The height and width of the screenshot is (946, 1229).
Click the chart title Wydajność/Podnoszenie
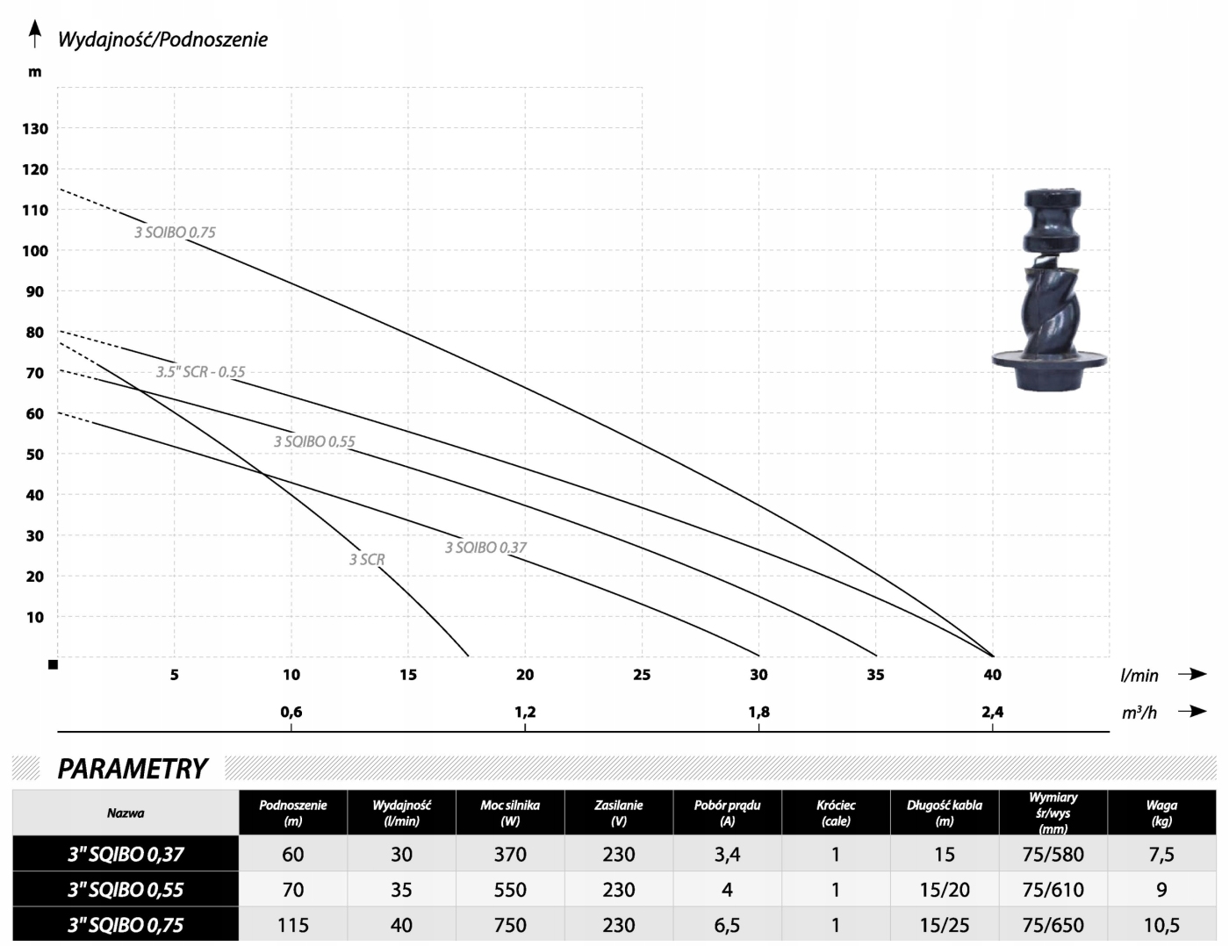coord(163,39)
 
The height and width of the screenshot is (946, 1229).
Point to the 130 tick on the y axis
coord(35,129)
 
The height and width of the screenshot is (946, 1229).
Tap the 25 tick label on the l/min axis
coord(642,675)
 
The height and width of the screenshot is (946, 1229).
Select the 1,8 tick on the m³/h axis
coord(759,712)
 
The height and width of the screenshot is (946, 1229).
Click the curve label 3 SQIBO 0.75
coord(175,233)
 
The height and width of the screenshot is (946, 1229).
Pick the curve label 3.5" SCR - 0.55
coord(201,372)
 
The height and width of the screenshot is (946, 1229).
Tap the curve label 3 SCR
coord(366,560)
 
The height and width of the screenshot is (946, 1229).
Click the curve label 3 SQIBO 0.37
coord(485,548)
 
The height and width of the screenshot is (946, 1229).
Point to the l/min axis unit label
coord(1139,676)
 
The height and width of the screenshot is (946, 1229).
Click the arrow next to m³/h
coord(1192,711)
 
